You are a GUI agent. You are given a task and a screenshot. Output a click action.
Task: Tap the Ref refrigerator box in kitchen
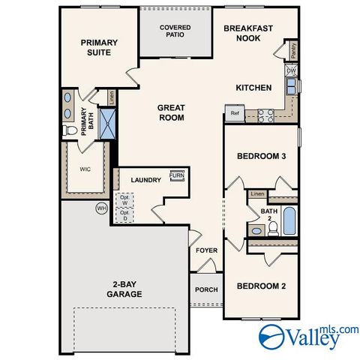234,115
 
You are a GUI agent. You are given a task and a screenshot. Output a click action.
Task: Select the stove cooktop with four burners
265,115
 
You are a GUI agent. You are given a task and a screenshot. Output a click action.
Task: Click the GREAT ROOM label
171,112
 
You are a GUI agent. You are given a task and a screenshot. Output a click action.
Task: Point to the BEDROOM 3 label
260,156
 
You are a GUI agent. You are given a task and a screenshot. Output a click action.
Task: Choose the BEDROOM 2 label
260,286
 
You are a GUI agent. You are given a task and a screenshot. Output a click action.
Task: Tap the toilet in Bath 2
273,227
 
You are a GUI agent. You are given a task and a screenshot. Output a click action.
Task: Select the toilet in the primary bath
72,130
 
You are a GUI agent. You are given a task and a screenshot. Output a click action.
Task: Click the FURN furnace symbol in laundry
177,176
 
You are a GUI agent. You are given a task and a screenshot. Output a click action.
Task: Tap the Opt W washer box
124,201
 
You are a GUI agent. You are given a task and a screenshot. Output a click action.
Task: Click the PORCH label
206,290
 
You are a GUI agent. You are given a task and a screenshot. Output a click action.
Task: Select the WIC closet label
85,169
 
